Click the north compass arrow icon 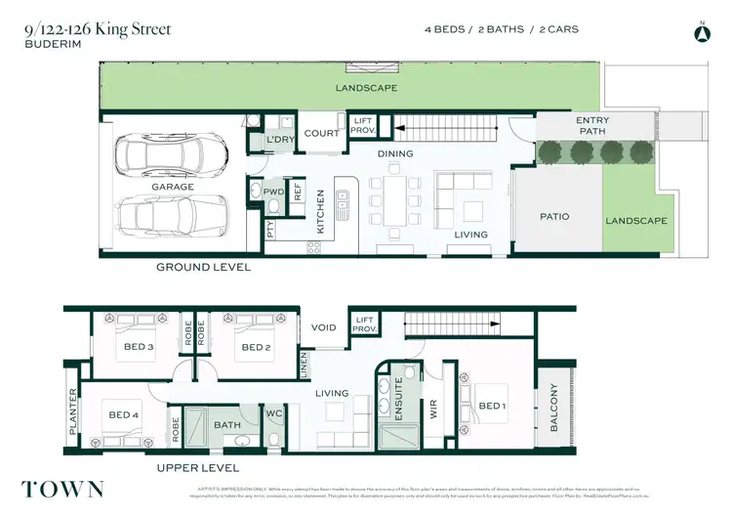pyautogui.click(x=700, y=33)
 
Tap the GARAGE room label pyautogui.click(x=172, y=187)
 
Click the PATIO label pyautogui.click(x=555, y=217)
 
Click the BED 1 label pyautogui.click(x=491, y=406)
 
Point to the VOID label pyautogui.click(x=323, y=327)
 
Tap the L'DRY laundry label pyautogui.click(x=281, y=140)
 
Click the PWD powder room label pyautogui.click(x=273, y=193)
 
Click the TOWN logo pyautogui.click(x=62, y=489)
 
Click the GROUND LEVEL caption pyautogui.click(x=204, y=267)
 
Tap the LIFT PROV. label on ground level pyautogui.click(x=363, y=124)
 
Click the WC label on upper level pyautogui.click(x=275, y=413)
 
